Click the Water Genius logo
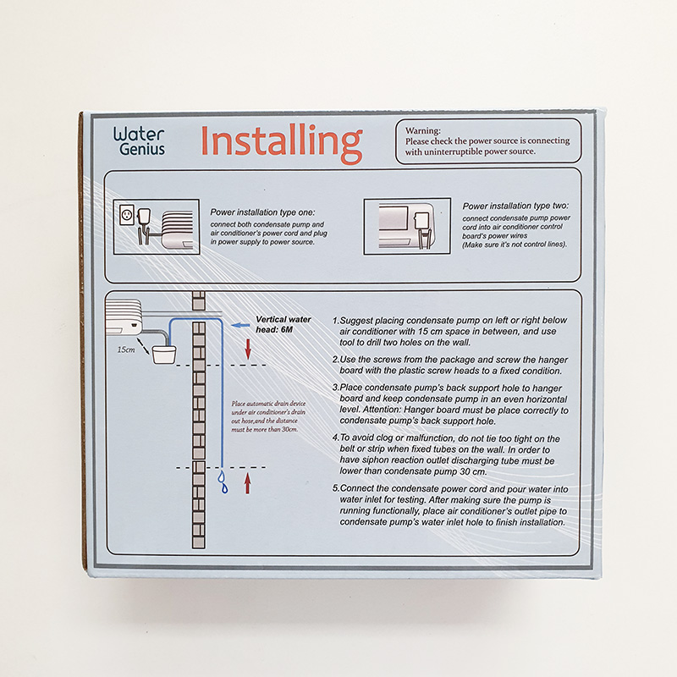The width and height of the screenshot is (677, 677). [x=139, y=141]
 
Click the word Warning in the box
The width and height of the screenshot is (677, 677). [x=422, y=130]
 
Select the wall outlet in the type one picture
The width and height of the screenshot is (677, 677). [x=127, y=214]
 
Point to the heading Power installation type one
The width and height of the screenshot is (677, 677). [x=262, y=212]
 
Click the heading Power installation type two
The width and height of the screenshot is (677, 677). [x=515, y=206]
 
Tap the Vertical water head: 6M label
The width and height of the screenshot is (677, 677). [x=283, y=324]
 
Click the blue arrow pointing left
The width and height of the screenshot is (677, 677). [x=240, y=325]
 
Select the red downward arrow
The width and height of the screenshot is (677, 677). [x=248, y=349]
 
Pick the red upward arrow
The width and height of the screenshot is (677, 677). [x=247, y=483]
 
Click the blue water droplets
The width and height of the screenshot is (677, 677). [x=223, y=482]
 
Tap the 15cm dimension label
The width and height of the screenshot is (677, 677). [x=126, y=350]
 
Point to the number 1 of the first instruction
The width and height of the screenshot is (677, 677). [x=335, y=321]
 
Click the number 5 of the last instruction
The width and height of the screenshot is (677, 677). [x=335, y=488]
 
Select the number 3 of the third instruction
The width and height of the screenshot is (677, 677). [x=335, y=388]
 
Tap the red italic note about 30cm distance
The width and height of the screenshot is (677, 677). [x=268, y=416]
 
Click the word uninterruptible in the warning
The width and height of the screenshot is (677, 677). [x=454, y=151]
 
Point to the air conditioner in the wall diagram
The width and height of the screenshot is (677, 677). [x=124, y=317]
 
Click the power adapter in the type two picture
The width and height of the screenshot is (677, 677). [x=420, y=221]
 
